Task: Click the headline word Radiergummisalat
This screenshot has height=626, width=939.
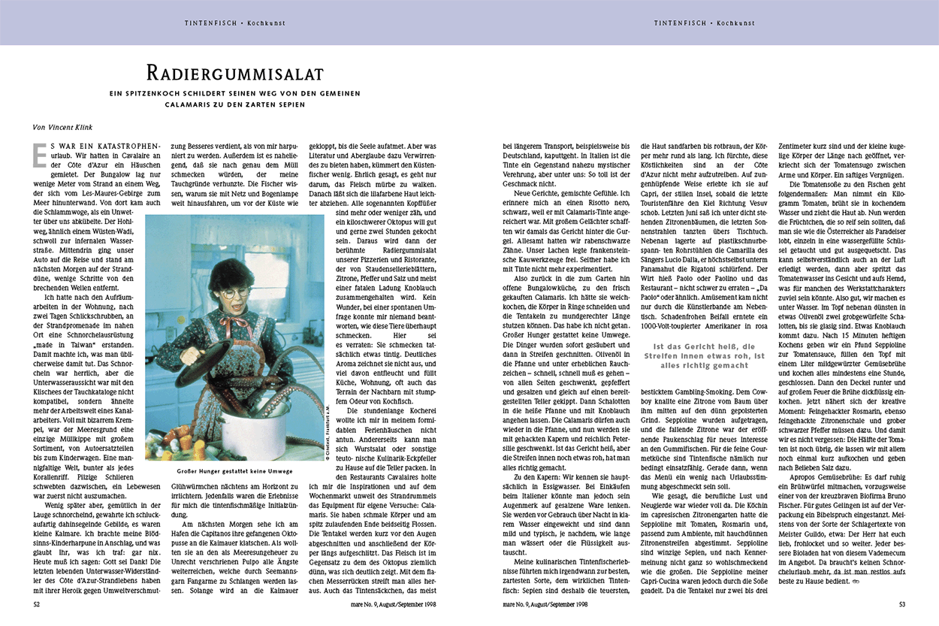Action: coord(234,73)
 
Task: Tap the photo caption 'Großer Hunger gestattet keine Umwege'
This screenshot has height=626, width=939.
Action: coord(234,471)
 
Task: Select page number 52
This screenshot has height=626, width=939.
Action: coord(37,603)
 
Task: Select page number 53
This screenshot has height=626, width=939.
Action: coord(902,603)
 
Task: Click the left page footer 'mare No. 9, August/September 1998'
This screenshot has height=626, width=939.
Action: coord(394,603)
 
